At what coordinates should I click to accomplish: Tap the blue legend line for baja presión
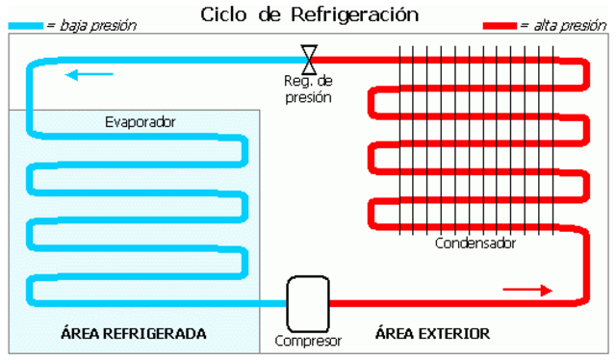click(x=23, y=27)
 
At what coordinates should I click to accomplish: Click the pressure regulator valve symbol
click(x=309, y=59)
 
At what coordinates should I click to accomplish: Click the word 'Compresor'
click(x=308, y=340)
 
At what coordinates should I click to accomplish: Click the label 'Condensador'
click(x=475, y=244)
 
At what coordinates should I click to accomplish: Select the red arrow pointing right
click(x=527, y=289)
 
